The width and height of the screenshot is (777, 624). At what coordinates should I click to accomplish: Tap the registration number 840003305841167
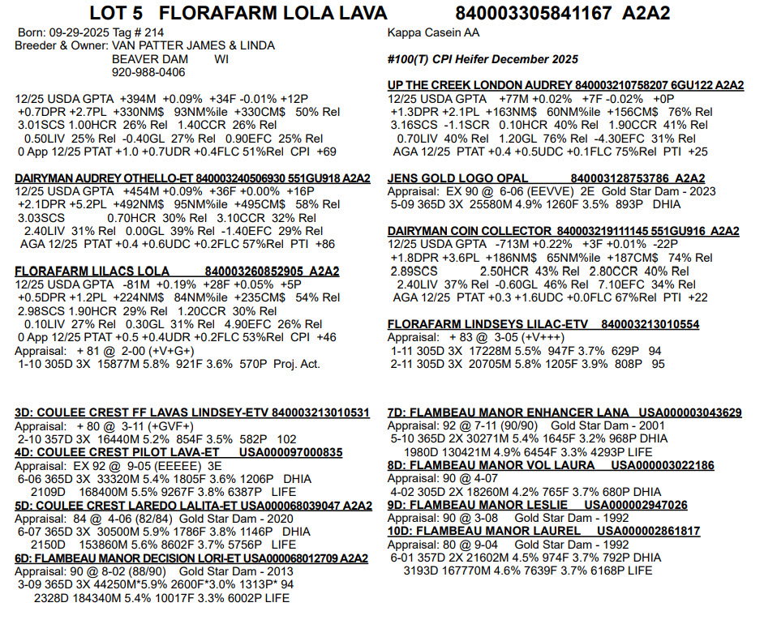(535, 14)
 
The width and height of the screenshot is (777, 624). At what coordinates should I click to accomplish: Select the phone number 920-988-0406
(148, 72)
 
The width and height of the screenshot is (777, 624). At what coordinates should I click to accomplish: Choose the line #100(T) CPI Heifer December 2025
(483, 59)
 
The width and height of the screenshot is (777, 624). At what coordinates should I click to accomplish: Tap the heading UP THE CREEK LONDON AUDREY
(479, 85)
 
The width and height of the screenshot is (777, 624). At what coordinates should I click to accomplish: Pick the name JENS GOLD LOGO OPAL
(457, 178)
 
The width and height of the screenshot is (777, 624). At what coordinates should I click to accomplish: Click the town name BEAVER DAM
(150, 58)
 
